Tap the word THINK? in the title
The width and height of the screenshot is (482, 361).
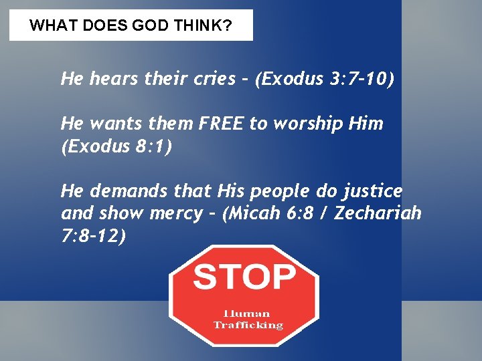[x=210, y=26]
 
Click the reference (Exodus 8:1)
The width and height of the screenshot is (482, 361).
[x=116, y=146]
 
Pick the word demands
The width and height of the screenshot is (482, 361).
[x=121, y=191]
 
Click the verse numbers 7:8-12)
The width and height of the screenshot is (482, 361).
[x=93, y=236]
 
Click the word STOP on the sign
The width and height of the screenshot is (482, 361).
[x=244, y=275]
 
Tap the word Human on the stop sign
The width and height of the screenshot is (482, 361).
[x=247, y=313]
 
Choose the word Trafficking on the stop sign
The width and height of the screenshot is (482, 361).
[x=248, y=325]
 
